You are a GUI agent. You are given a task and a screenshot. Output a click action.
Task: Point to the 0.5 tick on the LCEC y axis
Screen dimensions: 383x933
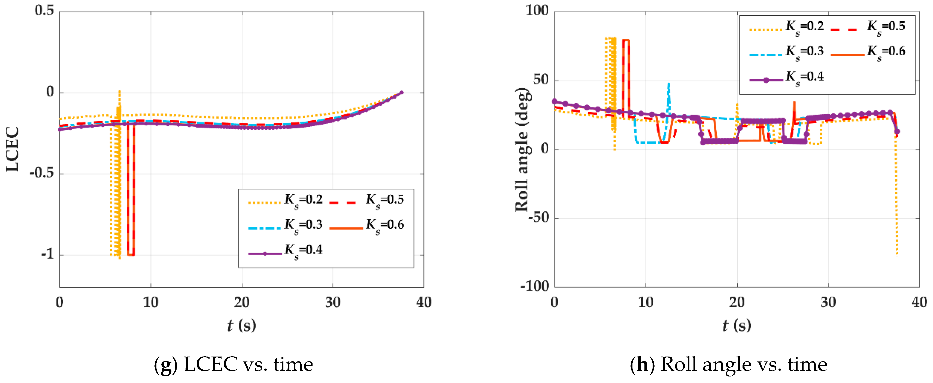pyautogui.click(x=44, y=11)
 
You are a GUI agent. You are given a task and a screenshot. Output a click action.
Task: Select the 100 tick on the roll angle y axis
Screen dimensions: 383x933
pyautogui.click(x=537, y=11)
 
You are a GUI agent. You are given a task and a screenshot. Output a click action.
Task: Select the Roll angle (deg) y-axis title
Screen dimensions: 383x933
pyautogui.click(x=522, y=149)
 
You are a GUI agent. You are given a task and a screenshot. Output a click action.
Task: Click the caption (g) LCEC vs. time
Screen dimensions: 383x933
pyautogui.click(x=234, y=364)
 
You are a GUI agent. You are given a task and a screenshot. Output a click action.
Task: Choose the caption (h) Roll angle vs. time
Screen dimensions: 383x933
pyautogui.click(x=728, y=364)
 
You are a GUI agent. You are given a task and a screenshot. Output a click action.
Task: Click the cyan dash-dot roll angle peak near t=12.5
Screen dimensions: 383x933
pyautogui.click(x=669, y=84)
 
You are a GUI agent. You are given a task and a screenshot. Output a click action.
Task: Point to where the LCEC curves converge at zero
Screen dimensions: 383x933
pyautogui.click(x=401, y=92)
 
